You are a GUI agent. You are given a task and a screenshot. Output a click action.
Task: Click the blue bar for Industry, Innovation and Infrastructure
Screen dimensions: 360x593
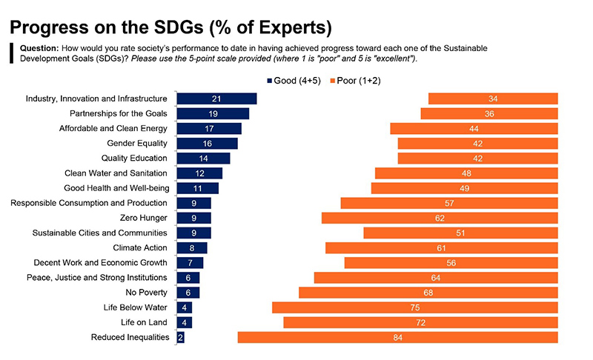pos(216,99)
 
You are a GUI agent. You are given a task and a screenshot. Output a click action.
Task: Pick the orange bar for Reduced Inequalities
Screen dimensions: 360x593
pos(397,337)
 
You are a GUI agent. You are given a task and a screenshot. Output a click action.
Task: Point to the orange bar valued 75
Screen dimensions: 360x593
pos(414,307)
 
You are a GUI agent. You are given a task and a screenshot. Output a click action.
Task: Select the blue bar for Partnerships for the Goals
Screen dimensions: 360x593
pos(213,113)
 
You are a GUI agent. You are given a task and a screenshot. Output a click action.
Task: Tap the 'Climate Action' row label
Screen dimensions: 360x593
pos(140,247)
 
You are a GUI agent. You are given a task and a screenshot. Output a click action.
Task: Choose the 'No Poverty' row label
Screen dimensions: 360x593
pos(146,293)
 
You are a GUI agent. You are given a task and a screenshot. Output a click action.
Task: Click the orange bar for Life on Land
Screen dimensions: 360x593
pos(420,322)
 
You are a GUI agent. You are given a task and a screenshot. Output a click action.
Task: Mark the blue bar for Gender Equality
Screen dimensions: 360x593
pos(207,143)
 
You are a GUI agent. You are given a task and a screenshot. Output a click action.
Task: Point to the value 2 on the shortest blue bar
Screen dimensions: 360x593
pos(180,337)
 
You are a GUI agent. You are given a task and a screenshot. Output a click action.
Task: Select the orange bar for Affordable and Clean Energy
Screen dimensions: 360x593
pos(474,128)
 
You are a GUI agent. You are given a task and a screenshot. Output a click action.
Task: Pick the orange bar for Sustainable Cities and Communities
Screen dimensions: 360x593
pos(460,233)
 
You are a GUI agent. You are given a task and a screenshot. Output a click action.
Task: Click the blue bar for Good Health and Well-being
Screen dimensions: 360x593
pos(197,188)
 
